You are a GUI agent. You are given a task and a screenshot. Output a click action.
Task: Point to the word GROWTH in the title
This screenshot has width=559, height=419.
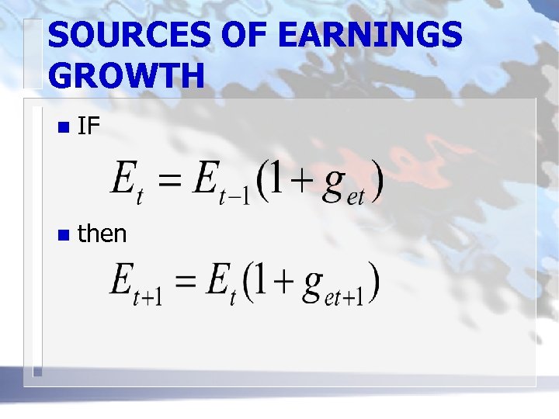127,76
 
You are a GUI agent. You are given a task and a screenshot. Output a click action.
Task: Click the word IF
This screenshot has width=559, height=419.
89,126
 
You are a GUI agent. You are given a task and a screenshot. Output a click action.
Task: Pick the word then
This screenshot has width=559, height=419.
102,233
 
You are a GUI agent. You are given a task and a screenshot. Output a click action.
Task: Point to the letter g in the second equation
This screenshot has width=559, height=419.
313,287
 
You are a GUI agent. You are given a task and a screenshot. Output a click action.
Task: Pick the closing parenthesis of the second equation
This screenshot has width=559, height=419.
376,285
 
